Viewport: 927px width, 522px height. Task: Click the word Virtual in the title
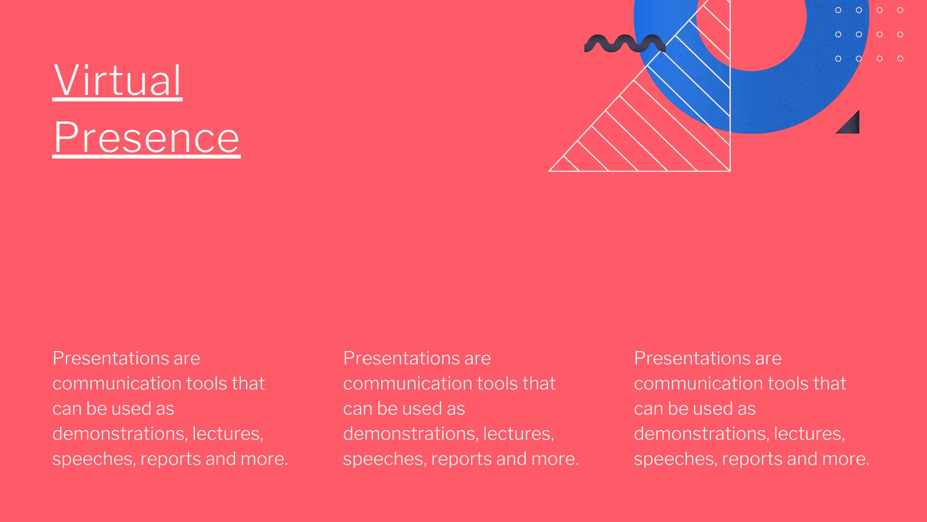(x=118, y=81)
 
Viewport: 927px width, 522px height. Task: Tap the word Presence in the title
(x=147, y=137)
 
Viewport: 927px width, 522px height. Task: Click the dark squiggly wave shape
(x=625, y=43)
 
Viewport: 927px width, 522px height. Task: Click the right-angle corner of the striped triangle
(x=729, y=171)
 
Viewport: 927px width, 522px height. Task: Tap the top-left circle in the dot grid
(x=838, y=10)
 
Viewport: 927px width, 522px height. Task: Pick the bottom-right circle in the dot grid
(x=900, y=59)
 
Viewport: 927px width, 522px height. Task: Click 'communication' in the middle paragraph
(x=408, y=383)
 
